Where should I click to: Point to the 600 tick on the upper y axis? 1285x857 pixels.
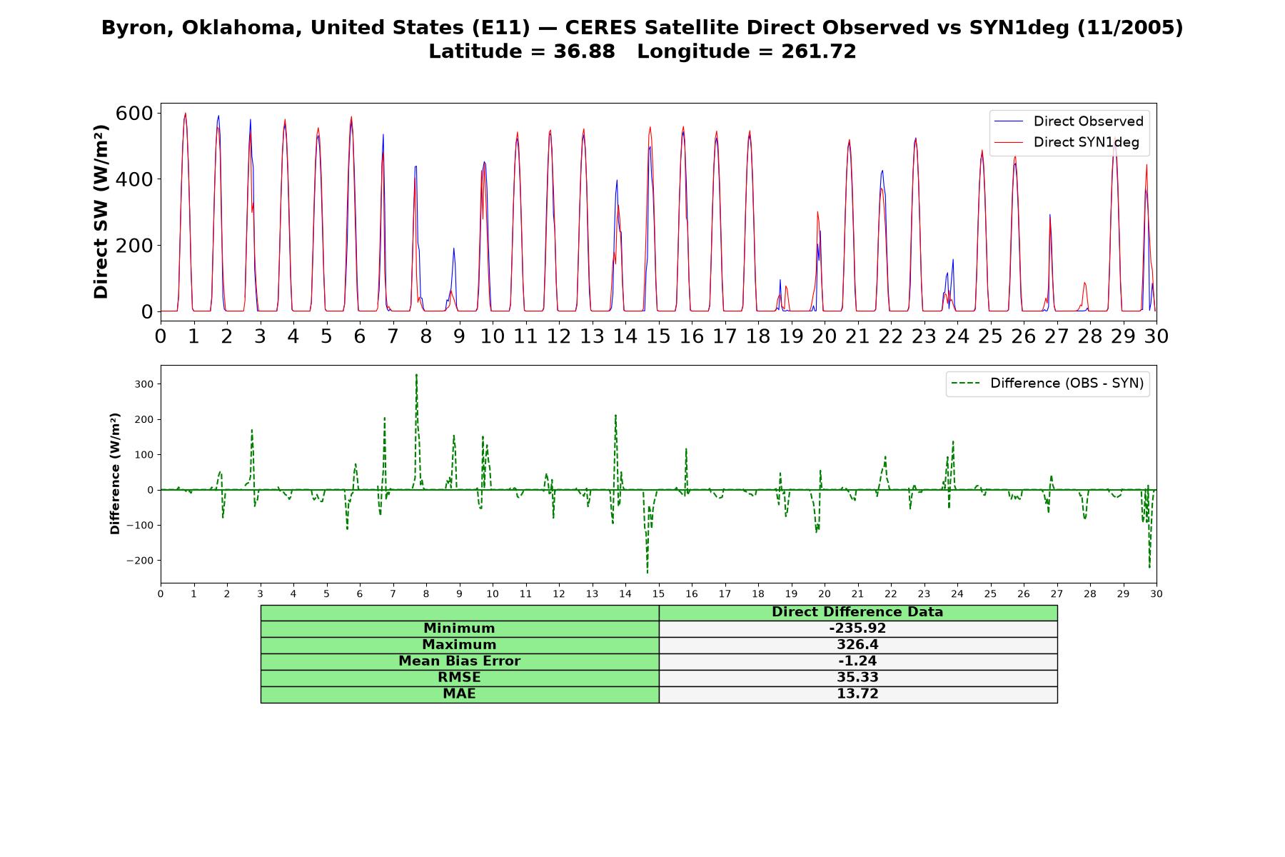click(x=134, y=113)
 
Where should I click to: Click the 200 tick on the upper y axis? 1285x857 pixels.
click(x=134, y=245)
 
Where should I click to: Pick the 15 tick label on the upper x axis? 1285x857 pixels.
click(x=658, y=336)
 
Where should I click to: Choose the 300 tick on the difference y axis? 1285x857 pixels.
click(x=144, y=384)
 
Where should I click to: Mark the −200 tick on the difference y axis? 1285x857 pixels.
click(x=140, y=561)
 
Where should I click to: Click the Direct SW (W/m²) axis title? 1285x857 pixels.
click(x=101, y=212)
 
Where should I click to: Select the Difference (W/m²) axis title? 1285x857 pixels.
click(x=115, y=474)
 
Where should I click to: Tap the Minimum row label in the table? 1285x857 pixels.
click(x=459, y=628)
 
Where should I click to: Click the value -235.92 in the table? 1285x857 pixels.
click(x=857, y=628)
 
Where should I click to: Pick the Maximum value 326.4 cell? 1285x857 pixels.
click(x=857, y=645)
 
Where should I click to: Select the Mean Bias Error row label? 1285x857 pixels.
click(x=459, y=661)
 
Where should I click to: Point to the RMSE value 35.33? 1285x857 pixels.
click(x=857, y=678)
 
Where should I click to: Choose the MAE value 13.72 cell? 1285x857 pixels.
click(x=857, y=694)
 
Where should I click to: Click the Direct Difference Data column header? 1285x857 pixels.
click(x=857, y=612)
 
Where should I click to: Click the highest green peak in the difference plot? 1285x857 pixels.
click(x=416, y=375)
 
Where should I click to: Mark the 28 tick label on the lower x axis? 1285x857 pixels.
click(x=1090, y=594)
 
